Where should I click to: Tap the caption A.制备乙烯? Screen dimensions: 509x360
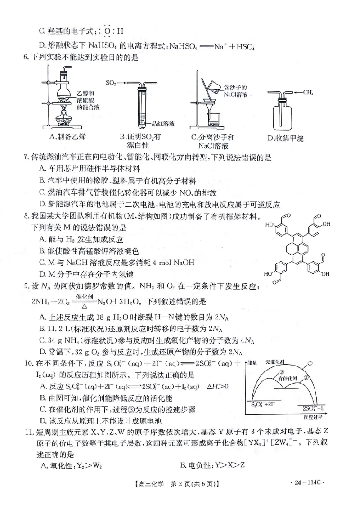point(66,137)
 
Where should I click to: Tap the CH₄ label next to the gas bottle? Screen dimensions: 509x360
point(308,93)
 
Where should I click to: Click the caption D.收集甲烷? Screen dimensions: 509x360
point(286,138)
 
